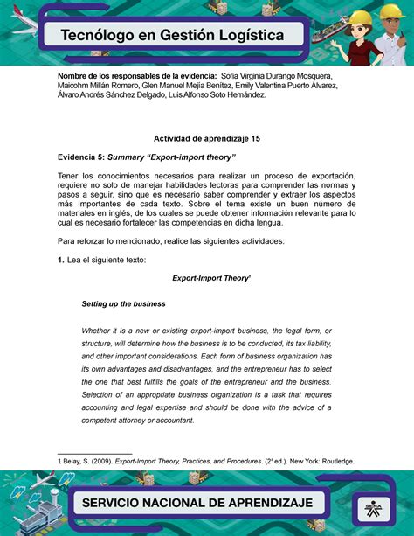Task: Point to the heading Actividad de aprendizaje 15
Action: [206, 138]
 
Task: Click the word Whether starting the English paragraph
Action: [99, 331]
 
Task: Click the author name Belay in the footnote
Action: [72, 461]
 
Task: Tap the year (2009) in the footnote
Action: [103, 461]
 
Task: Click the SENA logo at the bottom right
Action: [369, 505]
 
